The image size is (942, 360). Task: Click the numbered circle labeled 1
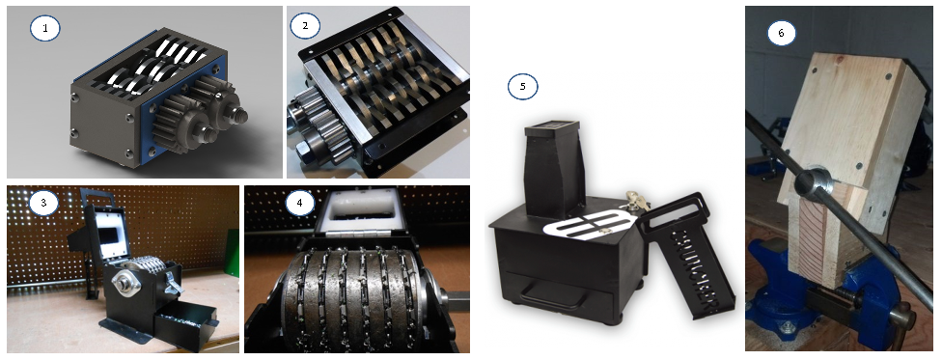pos(45,28)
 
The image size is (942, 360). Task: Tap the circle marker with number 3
pos(43,203)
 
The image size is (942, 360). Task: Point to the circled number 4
pos(300,203)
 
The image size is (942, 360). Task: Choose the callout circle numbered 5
pos(523,87)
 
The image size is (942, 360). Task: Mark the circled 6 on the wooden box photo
pos(781,34)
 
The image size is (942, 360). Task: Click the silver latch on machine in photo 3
pos(175,283)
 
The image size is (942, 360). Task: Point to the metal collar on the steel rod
pos(811,183)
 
